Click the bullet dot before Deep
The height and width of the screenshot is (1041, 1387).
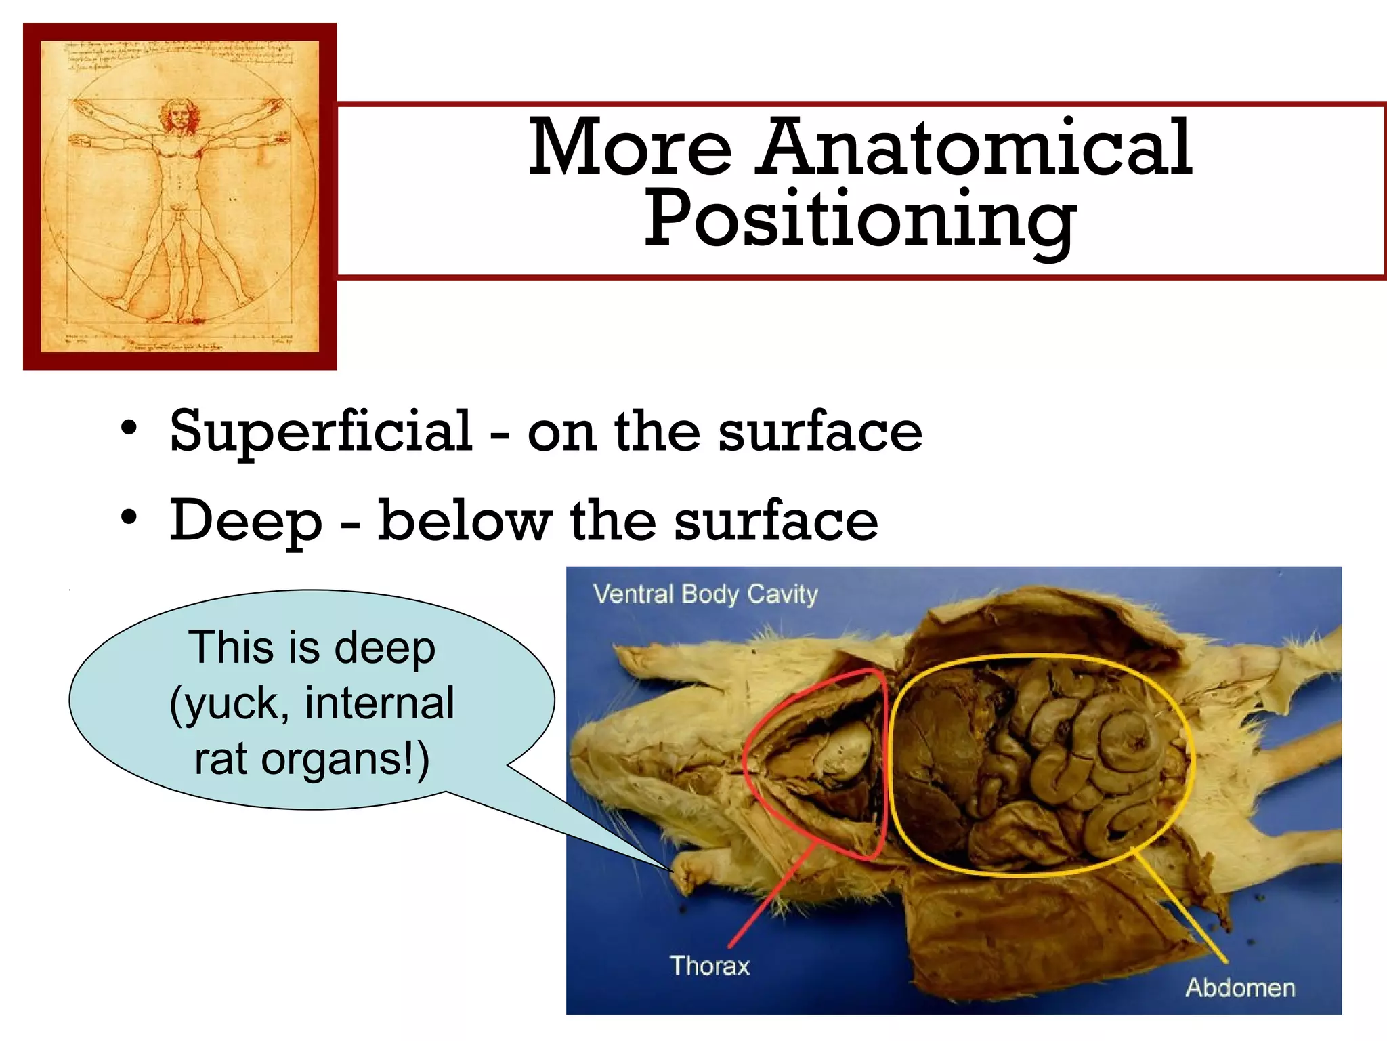(129, 518)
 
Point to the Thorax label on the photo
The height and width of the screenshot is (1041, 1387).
(709, 965)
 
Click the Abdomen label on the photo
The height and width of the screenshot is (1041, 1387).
(1239, 987)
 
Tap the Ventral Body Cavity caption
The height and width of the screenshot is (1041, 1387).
(705, 594)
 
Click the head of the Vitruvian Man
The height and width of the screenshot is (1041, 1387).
(179, 115)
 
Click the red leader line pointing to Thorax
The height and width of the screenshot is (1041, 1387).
(772, 895)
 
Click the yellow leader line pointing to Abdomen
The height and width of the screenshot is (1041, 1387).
(1182, 908)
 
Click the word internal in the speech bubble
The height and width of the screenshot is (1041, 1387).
(379, 703)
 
